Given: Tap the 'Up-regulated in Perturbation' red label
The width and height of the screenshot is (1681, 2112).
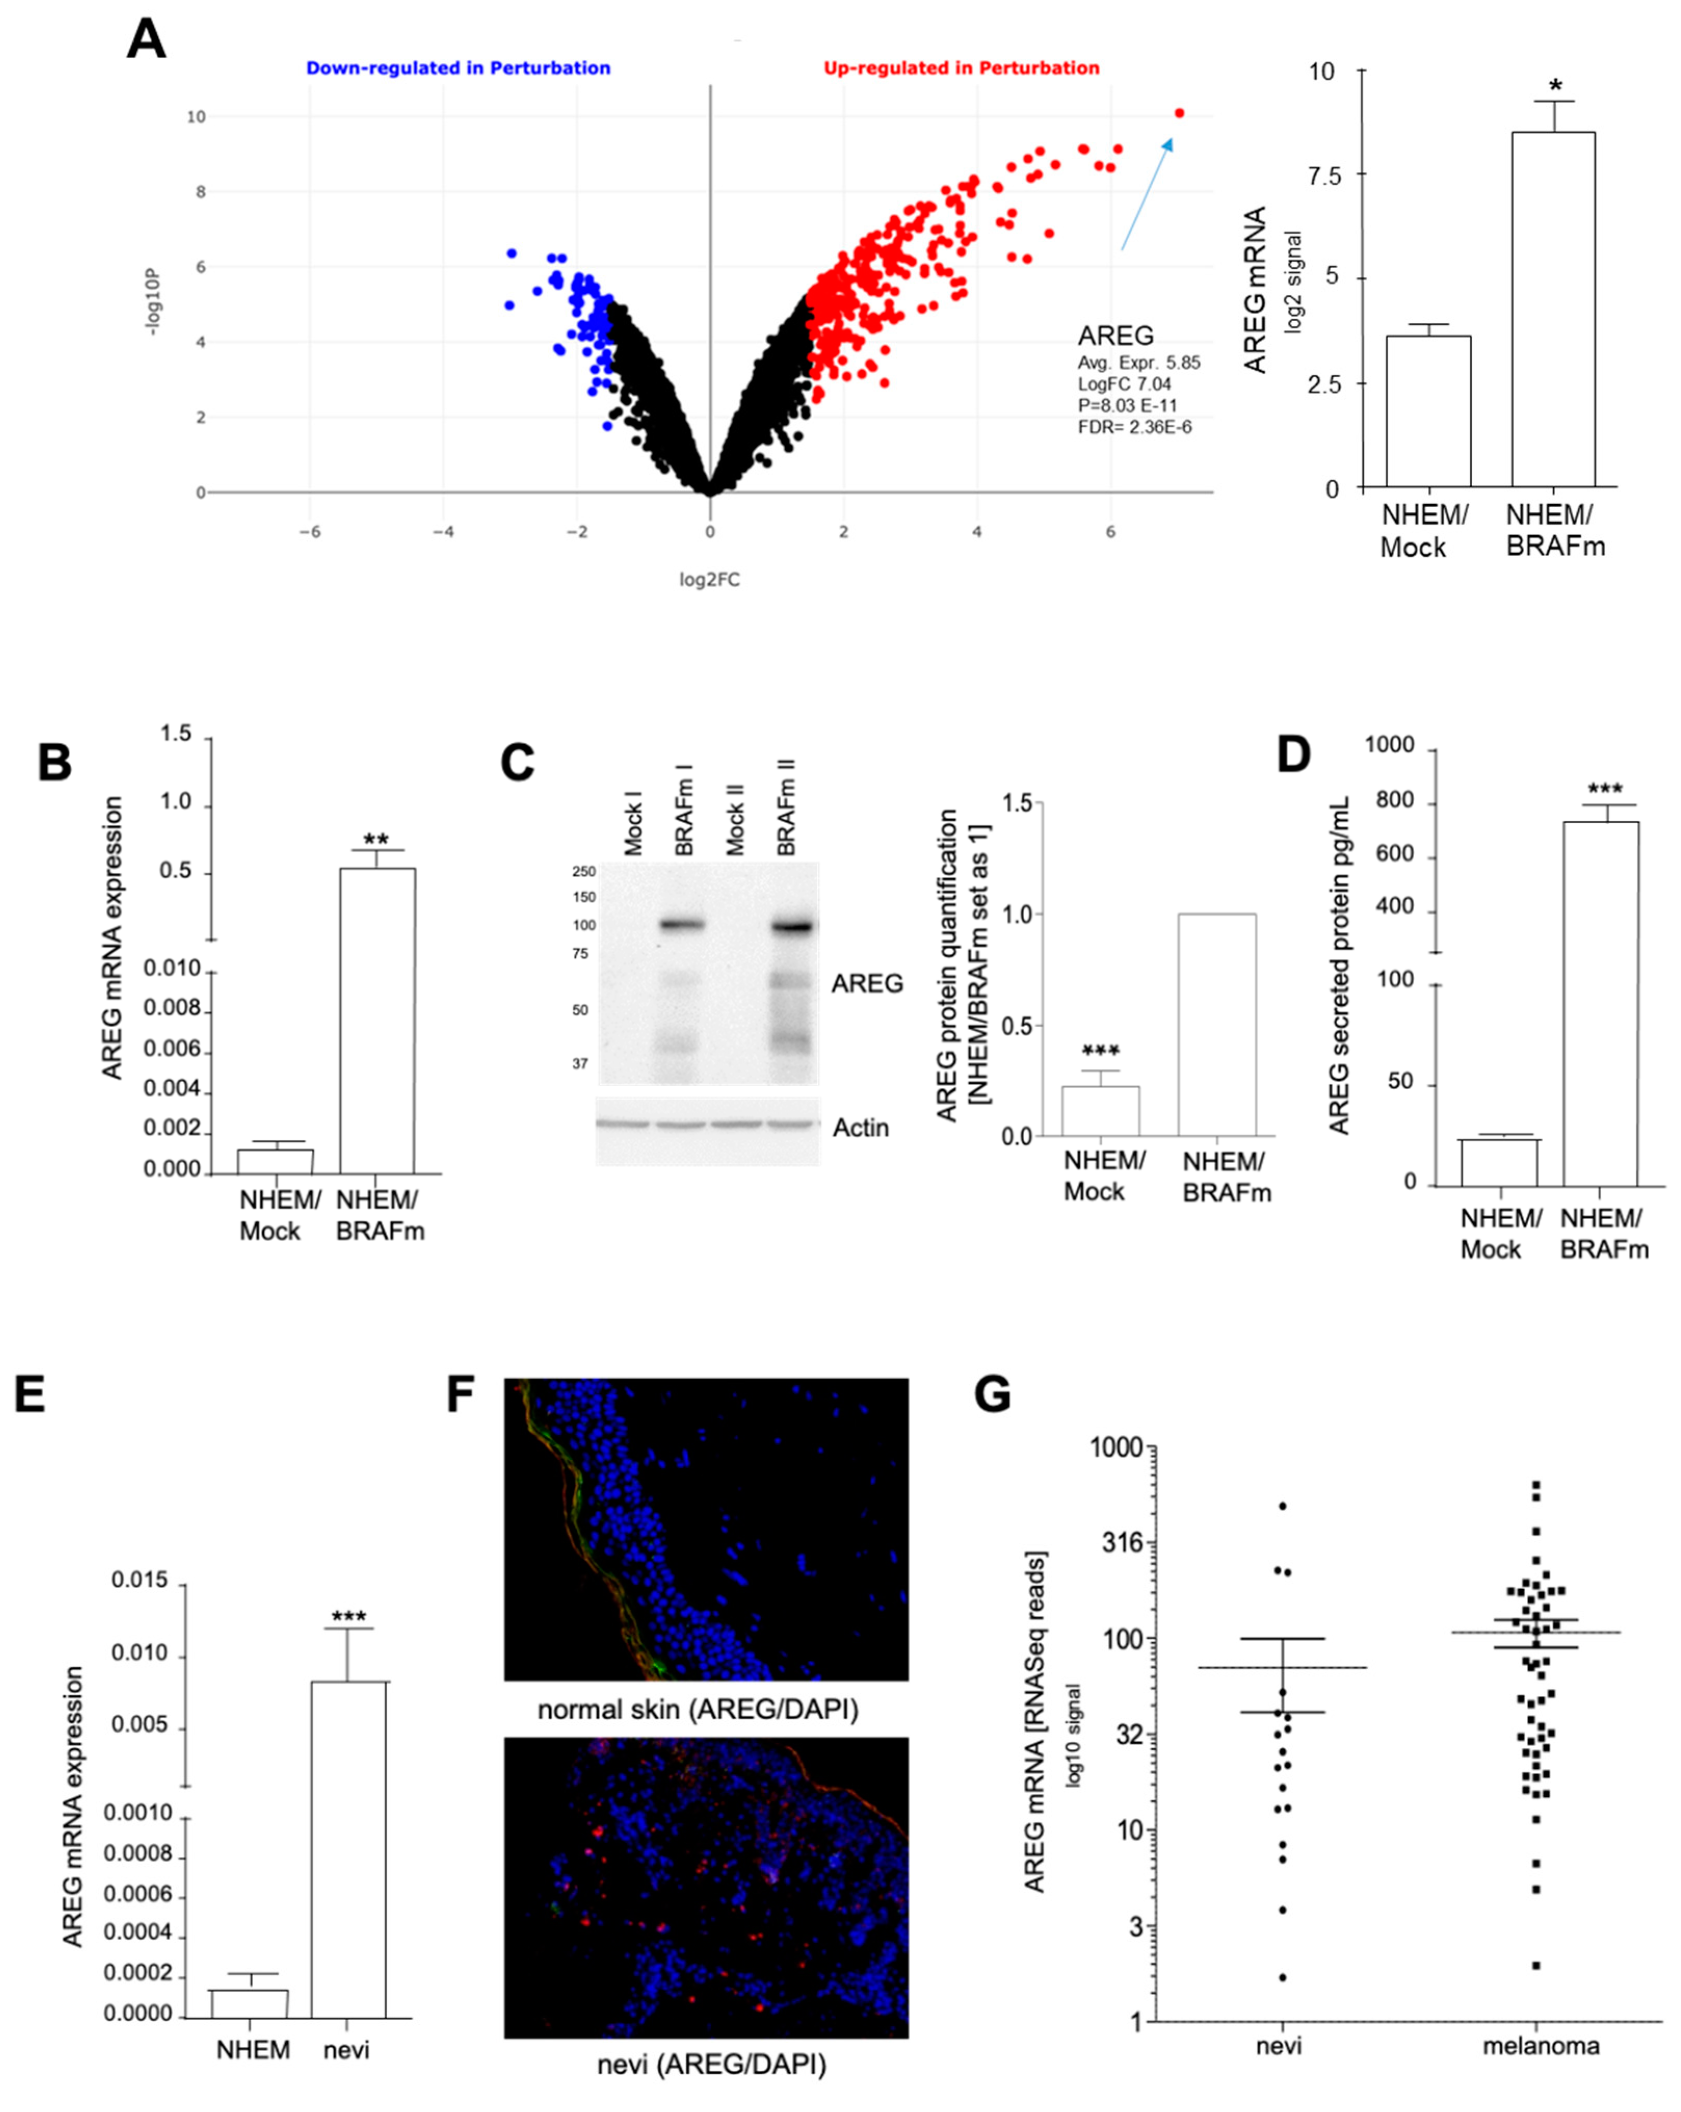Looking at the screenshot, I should (961, 68).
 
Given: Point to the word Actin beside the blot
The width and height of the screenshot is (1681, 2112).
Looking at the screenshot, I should (860, 1128).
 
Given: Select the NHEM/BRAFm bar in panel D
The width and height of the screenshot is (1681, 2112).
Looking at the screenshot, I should (1600, 1004).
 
